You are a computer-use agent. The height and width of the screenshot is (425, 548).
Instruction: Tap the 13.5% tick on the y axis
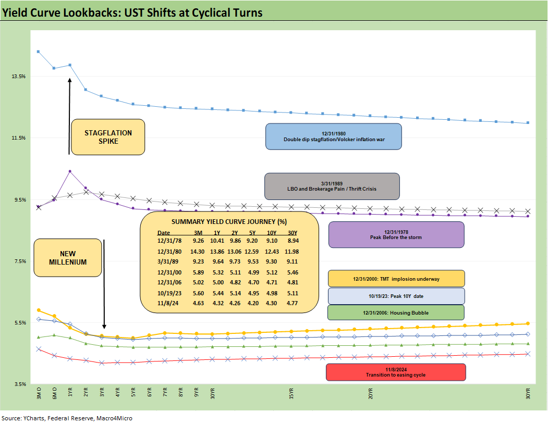pyautogui.click(x=18, y=76)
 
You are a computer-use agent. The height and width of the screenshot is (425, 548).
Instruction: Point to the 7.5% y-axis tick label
pyautogui.click(x=19, y=261)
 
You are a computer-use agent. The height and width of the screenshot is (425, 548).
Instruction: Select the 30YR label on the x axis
pyautogui.click(x=528, y=393)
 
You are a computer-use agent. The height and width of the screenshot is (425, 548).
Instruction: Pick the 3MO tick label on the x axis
pyautogui.click(x=38, y=393)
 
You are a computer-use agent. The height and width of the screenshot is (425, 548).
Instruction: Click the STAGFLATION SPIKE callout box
pyautogui.click(x=108, y=137)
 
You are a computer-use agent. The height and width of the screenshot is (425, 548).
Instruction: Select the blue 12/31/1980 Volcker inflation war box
pyautogui.click(x=333, y=136)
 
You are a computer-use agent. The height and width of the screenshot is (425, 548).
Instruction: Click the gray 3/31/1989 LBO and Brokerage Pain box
pyautogui.click(x=332, y=186)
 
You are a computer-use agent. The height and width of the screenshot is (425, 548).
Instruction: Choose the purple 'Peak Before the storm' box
pyautogui.click(x=396, y=234)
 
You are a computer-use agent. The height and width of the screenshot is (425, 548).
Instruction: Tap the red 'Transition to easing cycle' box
pyautogui.click(x=395, y=372)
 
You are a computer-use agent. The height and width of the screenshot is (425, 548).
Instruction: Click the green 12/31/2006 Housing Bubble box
pyautogui.click(x=396, y=312)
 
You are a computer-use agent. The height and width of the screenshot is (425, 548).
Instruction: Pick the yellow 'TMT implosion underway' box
pyautogui.click(x=396, y=279)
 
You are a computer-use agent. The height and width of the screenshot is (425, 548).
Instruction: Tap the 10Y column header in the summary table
pyautogui.click(x=271, y=232)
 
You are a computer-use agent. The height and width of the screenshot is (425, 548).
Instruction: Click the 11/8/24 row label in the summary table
pyautogui.click(x=168, y=303)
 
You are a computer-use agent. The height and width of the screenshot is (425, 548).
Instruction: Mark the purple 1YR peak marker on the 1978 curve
pyautogui.click(x=70, y=171)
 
